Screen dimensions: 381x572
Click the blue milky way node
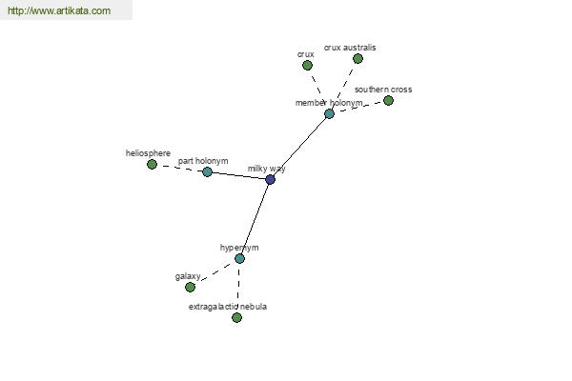pyautogui.click(x=270, y=179)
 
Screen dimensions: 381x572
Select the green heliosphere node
pyautogui.click(x=152, y=165)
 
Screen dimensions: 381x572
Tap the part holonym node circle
pyautogui.click(x=207, y=172)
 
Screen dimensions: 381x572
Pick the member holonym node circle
pyautogui.click(x=329, y=113)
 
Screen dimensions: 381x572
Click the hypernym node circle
pyautogui.click(x=239, y=258)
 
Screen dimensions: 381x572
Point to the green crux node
pyautogui.click(x=306, y=66)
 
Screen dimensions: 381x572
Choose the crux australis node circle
pyautogui.click(x=357, y=58)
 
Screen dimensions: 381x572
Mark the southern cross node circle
pyautogui.click(x=388, y=100)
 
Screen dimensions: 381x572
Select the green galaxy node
pyautogui.click(x=190, y=287)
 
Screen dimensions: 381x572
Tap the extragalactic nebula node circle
pyautogui.click(x=236, y=317)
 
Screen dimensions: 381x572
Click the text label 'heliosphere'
pyautogui.click(x=148, y=152)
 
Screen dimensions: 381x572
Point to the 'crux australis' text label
pyautogui.click(x=350, y=47)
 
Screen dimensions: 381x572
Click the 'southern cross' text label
pyautogui.click(x=383, y=90)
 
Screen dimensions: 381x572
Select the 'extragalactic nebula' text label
pyautogui.click(x=228, y=307)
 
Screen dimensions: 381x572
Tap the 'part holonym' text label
pyautogui.click(x=203, y=161)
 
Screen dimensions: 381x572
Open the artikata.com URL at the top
pyautogui.click(x=58, y=10)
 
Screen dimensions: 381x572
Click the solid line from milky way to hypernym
pyautogui.click(x=255, y=219)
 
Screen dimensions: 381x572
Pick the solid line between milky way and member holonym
pyautogui.click(x=299, y=146)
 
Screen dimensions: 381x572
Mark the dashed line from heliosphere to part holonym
pyautogui.click(x=179, y=169)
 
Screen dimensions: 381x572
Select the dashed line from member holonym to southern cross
pyautogui.click(x=358, y=107)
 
